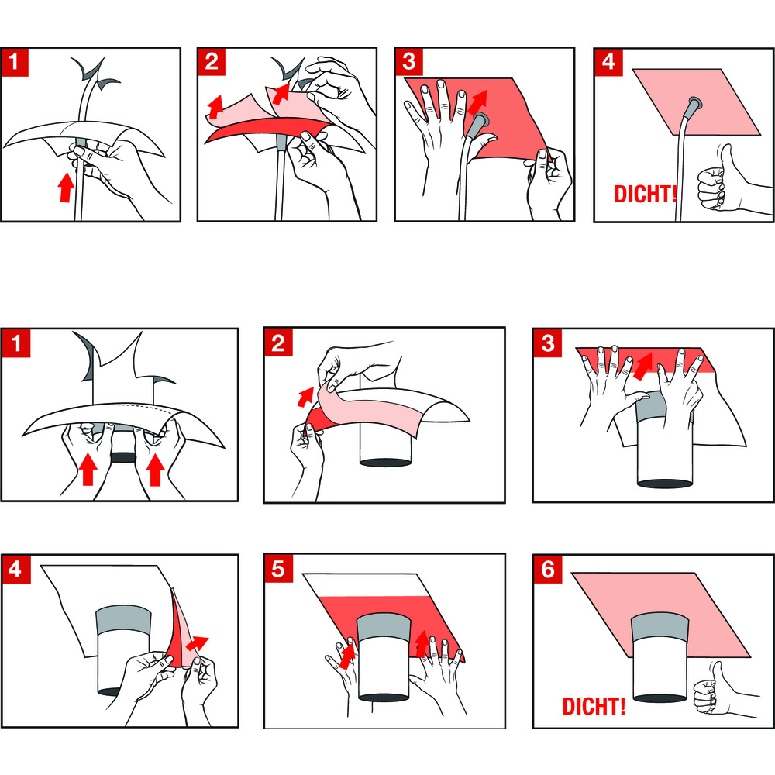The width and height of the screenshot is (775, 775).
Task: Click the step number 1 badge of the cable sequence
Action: [x=14, y=62]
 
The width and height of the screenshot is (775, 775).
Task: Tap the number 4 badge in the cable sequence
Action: [x=608, y=62]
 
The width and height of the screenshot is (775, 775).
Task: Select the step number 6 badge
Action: [x=548, y=569]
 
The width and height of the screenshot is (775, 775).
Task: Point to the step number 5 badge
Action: [x=278, y=569]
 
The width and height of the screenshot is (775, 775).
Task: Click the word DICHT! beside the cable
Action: [x=645, y=195]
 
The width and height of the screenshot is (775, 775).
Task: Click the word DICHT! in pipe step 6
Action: [x=594, y=706]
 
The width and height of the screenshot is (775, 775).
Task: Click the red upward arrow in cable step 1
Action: [x=65, y=186]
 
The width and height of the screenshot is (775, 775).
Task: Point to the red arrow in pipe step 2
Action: [x=305, y=397]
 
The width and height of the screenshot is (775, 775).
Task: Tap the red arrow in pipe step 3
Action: [x=642, y=366]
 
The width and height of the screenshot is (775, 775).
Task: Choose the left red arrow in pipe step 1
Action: [x=88, y=469]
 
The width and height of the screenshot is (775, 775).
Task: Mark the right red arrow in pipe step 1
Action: [x=155, y=469]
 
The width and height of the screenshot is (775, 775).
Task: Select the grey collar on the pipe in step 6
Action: [x=660, y=627]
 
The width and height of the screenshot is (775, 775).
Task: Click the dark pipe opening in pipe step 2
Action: [x=385, y=463]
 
